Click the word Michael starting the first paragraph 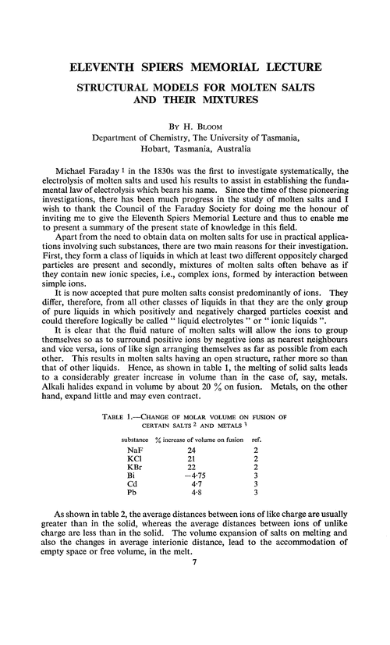(76, 169)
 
